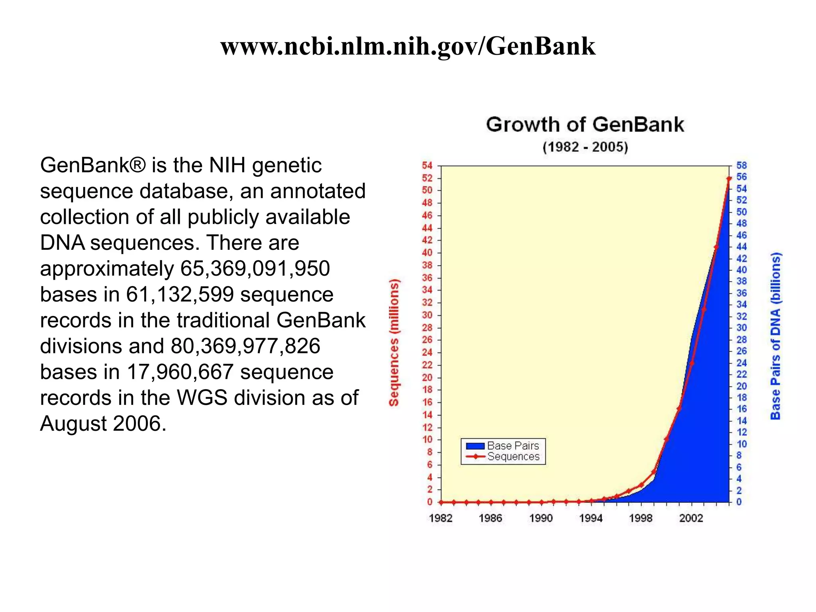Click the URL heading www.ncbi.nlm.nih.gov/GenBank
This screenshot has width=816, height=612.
click(x=408, y=46)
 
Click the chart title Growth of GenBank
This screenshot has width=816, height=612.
click(x=585, y=124)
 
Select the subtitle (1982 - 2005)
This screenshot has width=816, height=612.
click(x=585, y=147)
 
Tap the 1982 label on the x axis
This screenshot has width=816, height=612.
click(x=441, y=518)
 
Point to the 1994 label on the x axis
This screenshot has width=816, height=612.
click(x=590, y=518)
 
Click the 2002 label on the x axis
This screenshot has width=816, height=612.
click(x=691, y=518)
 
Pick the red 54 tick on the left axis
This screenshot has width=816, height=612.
click(x=427, y=165)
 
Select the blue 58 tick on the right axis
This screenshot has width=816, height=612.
click(x=741, y=165)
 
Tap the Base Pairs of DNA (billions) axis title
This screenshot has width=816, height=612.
click(x=775, y=336)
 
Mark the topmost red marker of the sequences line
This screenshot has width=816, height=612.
click(x=729, y=178)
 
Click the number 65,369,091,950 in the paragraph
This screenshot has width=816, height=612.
click(x=255, y=269)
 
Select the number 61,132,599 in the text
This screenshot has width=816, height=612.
click(x=180, y=294)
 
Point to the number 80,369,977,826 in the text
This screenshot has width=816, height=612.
click(x=245, y=346)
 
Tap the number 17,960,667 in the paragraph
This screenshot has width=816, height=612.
click(x=180, y=372)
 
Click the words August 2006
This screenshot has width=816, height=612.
click(x=103, y=424)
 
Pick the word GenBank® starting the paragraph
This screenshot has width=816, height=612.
click(x=93, y=165)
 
